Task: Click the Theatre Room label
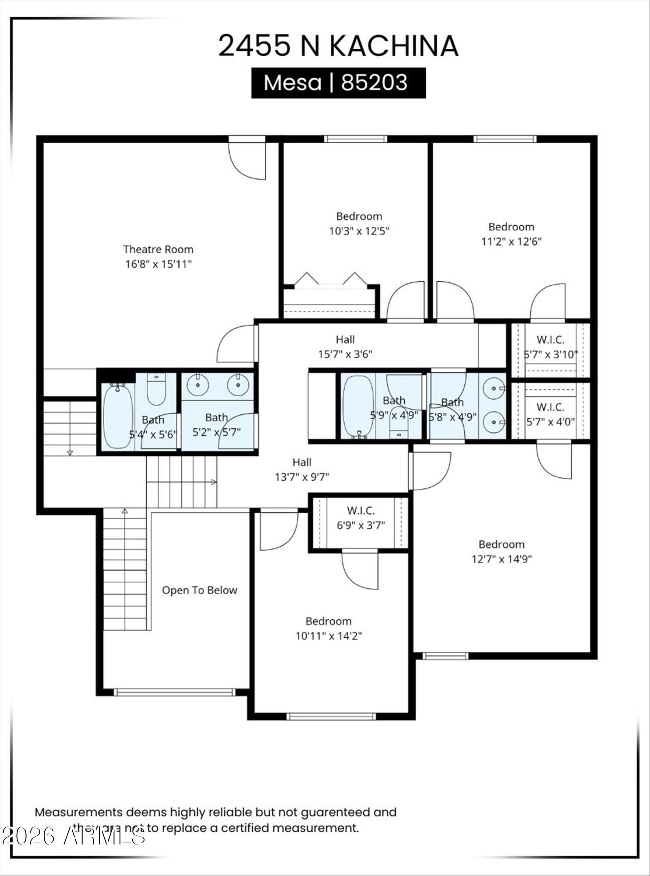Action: pos(158,250)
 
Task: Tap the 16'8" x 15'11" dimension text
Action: pos(159,264)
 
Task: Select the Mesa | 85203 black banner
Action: pos(338,83)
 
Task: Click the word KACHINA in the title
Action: pos(393,46)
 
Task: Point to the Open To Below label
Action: pos(199,590)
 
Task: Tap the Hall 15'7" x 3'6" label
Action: pos(345,347)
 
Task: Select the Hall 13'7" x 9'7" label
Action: pos(302,470)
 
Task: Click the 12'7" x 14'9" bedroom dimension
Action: pos(502,559)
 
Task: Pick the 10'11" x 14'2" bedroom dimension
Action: pos(329,636)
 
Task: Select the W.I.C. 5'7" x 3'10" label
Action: pos(551,347)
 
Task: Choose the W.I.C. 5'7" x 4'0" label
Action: pos(551,414)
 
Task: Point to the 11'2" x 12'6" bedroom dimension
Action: pos(511,242)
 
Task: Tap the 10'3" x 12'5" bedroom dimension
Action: pos(359,231)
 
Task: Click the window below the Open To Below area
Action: pos(175,692)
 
